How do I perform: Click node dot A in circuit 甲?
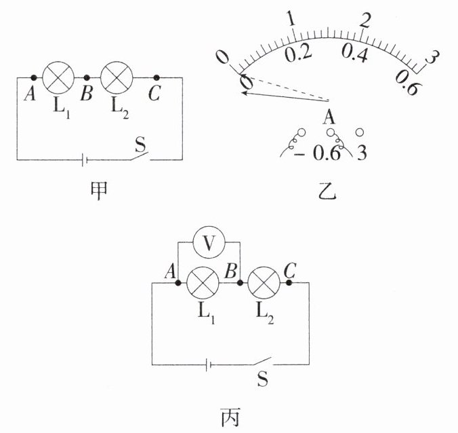pos(33,78)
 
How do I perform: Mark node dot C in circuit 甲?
pos(157,78)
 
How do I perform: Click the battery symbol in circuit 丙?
pos(211,364)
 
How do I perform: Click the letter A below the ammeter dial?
pos(330,117)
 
